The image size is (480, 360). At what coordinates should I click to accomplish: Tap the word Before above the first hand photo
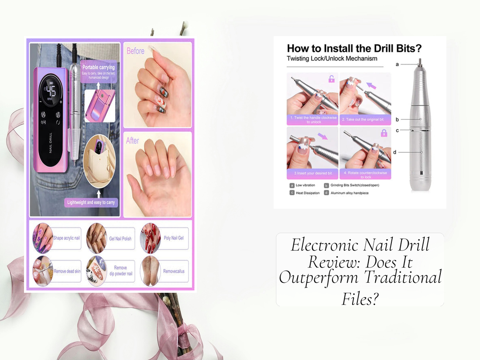(135, 51)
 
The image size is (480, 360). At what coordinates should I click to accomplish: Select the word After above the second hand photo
(133, 141)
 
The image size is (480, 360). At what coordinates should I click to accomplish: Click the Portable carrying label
(98, 67)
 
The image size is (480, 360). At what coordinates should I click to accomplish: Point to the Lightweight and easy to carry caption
(92, 202)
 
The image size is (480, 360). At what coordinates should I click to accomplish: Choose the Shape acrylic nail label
(67, 238)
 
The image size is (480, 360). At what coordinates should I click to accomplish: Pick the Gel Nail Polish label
(120, 239)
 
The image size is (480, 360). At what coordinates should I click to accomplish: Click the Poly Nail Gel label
(174, 238)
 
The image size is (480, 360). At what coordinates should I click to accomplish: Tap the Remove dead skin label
(67, 271)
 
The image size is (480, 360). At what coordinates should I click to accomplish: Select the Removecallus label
(174, 271)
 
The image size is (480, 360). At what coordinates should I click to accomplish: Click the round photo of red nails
(150, 238)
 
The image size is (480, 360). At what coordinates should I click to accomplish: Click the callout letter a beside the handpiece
(397, 64)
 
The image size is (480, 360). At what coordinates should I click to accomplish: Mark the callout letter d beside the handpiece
(394, 152)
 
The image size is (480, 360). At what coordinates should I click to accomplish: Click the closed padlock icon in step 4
(384, 133)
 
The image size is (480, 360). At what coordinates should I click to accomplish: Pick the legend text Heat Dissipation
(308, 193)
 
